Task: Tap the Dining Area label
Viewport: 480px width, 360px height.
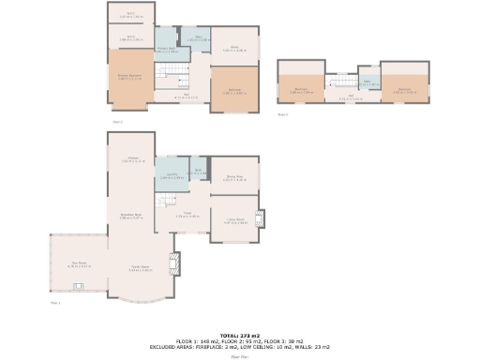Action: click(x=234, y=177)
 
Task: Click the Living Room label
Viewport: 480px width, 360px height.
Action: click(x=234, y=221)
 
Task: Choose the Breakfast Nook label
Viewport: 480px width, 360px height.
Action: click(x=132, y=216)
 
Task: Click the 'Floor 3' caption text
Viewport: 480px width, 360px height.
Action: click(x=283, y=114)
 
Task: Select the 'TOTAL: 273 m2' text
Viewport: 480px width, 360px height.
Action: click(x=239, y=335)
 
